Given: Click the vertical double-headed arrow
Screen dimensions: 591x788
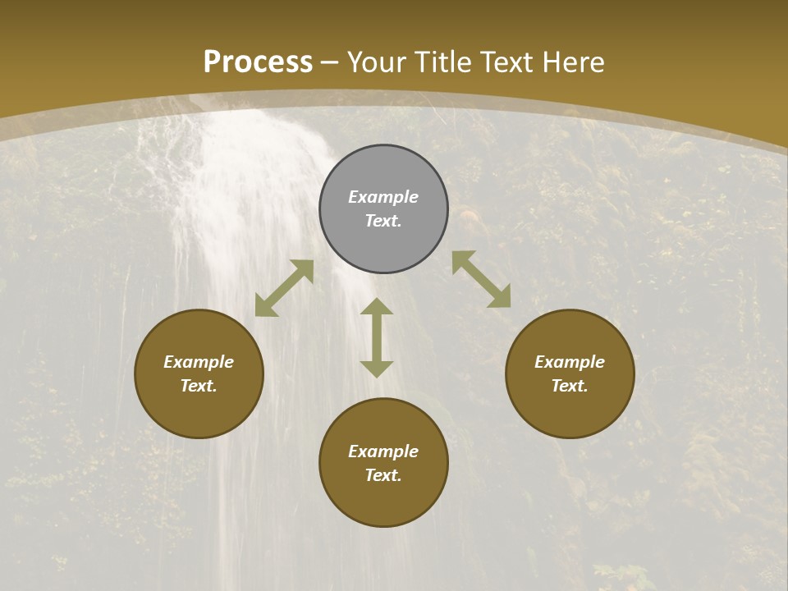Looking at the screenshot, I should [377, 337].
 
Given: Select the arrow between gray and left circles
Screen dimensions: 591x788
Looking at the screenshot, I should [284, 288].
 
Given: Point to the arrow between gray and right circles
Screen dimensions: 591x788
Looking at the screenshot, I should [481, 279].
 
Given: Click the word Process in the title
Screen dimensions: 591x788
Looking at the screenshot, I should [258, 62].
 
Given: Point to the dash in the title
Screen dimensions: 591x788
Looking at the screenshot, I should [330, 62].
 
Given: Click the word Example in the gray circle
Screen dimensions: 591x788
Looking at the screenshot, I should [383, 197].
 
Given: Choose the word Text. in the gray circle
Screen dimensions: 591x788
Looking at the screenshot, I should [383, 221].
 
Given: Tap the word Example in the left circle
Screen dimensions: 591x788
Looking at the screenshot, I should [199, 362].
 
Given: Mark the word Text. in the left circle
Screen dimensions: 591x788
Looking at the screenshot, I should [199, 386].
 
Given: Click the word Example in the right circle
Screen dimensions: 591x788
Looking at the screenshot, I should [570, 362].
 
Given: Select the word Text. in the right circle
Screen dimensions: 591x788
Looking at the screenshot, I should [570, 386].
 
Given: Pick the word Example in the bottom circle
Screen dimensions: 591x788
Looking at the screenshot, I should [383, 451].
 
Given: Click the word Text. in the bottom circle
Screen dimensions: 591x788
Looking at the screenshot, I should [383, 475].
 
